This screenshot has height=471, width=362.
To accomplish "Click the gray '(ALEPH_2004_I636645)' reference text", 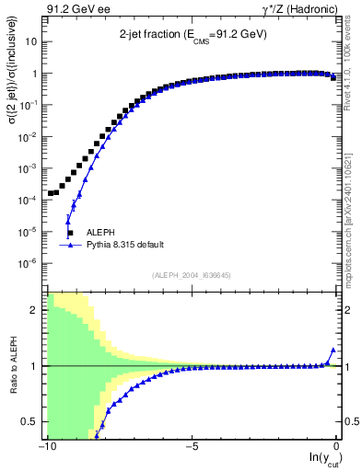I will pyautogui.click(x=192, y=275).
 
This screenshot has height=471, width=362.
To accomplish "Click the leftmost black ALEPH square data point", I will pyautogui.click(x=51, y=193).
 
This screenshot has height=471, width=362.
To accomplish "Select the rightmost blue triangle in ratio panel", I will pyautogui.click(x=333, y=350).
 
